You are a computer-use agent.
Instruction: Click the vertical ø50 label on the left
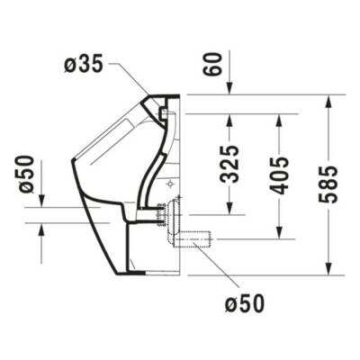coord(27,173)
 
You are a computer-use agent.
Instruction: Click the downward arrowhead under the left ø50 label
coord(41,202)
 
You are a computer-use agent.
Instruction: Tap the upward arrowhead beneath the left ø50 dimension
coord(41,230)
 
